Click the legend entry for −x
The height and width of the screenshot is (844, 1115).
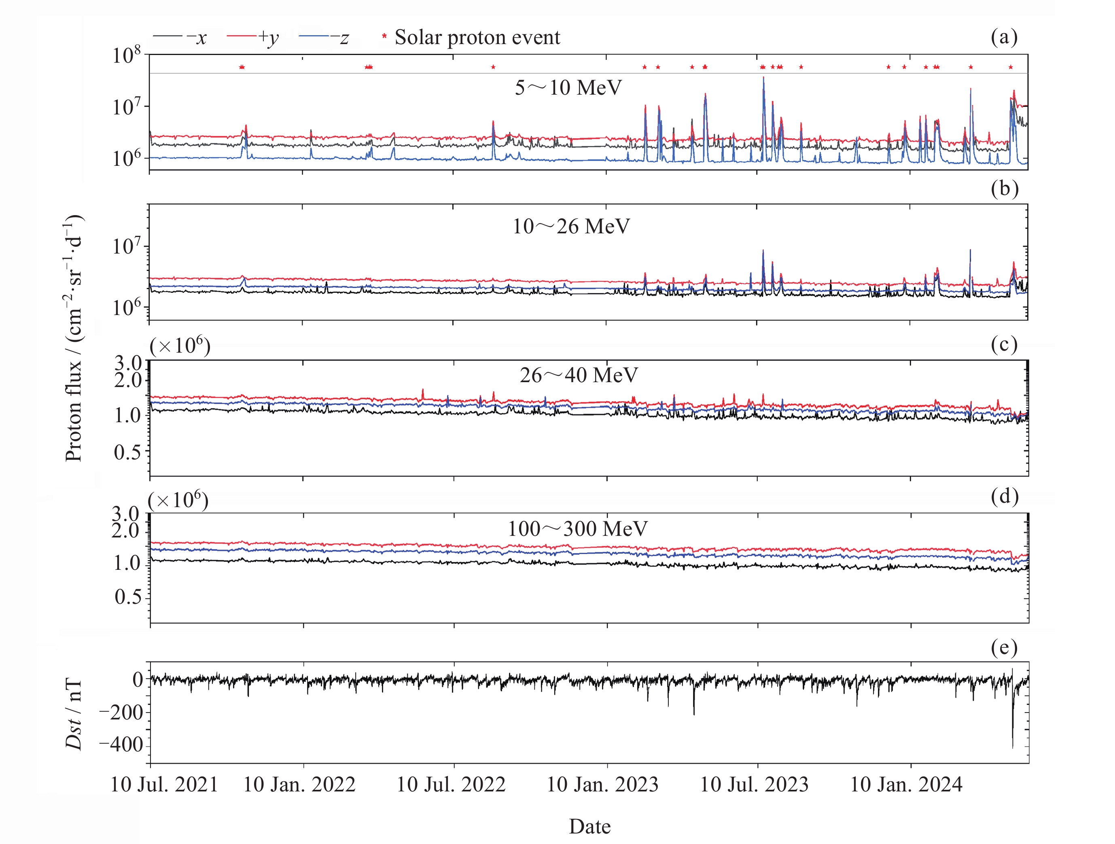(180, 37)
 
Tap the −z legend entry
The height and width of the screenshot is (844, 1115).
(324, 37)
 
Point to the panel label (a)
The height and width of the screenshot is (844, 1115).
(1004, 37)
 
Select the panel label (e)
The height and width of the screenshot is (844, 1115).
(1004, 647)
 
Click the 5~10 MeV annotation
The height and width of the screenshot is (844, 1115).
(568, 88)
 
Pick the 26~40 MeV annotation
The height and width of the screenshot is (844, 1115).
(579, 375)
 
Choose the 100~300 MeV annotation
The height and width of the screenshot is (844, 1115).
(577, 529)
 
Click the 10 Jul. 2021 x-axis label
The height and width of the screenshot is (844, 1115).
(164, 785)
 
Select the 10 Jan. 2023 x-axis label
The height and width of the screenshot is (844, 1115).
(602, 785)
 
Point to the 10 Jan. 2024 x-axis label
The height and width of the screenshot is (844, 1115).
(906, 785)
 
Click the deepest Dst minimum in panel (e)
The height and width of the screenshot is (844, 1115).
(1012, 747)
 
